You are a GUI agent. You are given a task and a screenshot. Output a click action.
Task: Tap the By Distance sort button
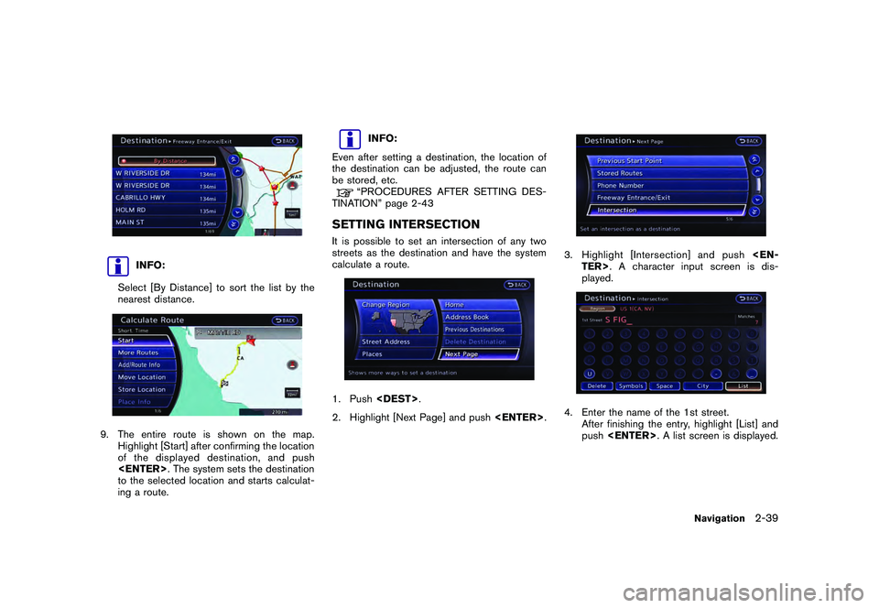point(165,159)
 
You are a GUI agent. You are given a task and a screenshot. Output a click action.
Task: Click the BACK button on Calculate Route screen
point(286,320)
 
